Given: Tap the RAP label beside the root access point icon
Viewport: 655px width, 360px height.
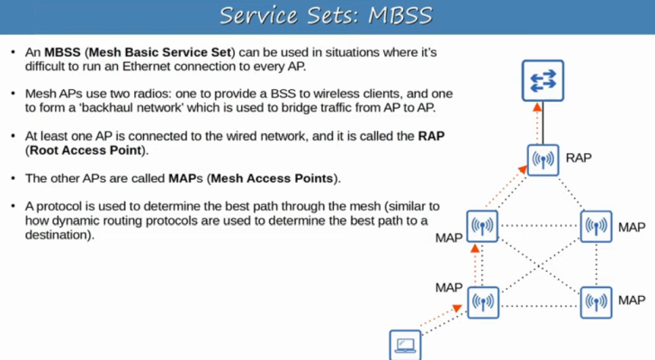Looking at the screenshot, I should (579, 157).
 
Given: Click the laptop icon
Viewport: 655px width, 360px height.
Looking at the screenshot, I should (404, 346).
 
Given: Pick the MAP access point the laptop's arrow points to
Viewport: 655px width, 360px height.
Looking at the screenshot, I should (482, 302).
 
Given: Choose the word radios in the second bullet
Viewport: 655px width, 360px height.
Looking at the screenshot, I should (185, 94).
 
